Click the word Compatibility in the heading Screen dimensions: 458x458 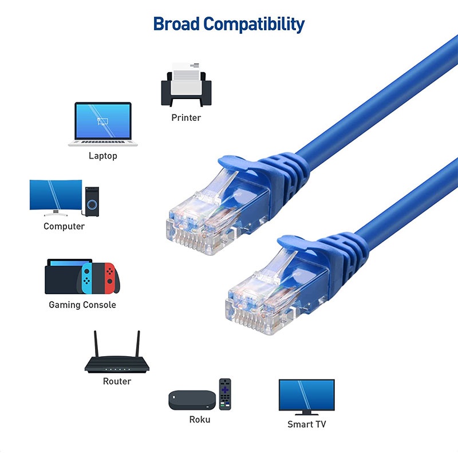click(x=254, y=24)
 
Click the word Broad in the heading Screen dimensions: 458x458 click(x=176, y=24)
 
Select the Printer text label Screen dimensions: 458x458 click(x=186, y=117)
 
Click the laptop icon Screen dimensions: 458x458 click(x=103, y=124)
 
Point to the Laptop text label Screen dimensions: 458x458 click(x=103, y=156)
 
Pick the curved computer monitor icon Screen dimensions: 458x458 click(x=55, y=197)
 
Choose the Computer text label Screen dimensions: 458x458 click(x=64, y=226)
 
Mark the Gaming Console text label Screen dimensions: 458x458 click(x=82, y=305)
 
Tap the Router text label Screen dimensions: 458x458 click(x=117, y=381)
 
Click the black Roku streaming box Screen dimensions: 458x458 click(x=192, y=400)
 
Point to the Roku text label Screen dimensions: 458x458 click(x=200, y=420)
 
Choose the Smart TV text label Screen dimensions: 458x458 click(x=306, y=425)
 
